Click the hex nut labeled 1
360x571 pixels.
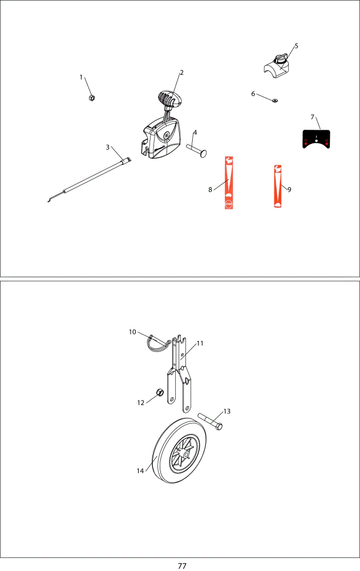(92, 98)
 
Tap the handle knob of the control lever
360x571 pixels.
(169, 98)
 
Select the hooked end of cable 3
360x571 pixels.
(50, 199)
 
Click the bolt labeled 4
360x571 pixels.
(197, 150)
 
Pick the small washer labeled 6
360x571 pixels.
(274, 99)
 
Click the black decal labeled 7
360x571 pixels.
(316, 139)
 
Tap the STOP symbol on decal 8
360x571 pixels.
(229, 204)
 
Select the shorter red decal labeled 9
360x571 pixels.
(278, 186)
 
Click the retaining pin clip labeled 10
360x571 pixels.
(159, 343)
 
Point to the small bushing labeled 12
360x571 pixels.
(159, 392)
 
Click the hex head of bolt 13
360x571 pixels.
(219, 426)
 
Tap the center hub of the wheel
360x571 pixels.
(186, 455)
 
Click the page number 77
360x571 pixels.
(182, 565)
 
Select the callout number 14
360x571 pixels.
(140, 471)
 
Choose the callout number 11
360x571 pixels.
(200, 343)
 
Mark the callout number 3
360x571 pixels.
(107, 147)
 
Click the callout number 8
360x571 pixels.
(210, 190)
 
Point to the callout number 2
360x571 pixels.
(181, 73)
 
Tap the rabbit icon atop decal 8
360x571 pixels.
(229, 160)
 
